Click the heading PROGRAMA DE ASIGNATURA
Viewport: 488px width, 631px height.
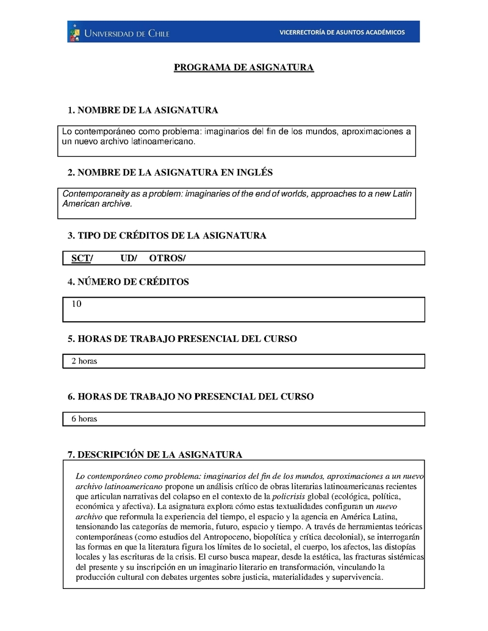(x=244, y=67)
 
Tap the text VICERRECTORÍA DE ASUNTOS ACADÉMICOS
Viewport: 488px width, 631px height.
(x=342, y=32)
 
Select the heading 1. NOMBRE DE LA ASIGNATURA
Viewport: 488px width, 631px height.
(x=143, y=110)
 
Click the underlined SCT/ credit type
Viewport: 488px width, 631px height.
(x=82, y=258)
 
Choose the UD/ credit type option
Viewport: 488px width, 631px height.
(x=129, y=258)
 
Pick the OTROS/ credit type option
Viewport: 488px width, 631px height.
(x=167, y=258)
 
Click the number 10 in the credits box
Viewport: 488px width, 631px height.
(x=76, y=303)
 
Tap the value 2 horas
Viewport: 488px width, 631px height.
(x=84, y=361)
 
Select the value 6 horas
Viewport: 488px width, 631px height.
(x=84, y=419)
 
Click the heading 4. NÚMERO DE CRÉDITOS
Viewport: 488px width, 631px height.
(x=128, y=282)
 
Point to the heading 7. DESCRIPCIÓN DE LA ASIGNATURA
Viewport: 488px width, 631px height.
(x=155, y=454)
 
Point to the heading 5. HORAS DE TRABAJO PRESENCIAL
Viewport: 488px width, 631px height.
(x=182, y=338)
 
